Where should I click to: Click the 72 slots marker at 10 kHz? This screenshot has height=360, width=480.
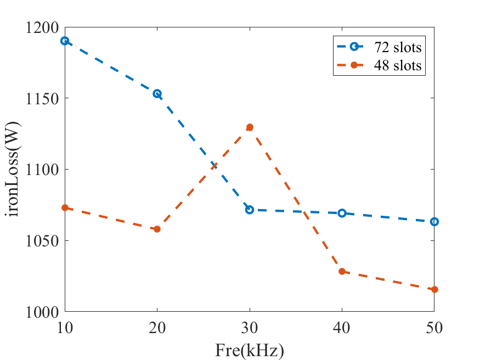point(65,41)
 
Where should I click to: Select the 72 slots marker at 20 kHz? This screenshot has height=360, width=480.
point(157,94)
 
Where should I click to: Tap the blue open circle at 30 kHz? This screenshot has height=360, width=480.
point(250,210)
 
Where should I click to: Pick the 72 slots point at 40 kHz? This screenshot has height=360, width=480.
point(342,213)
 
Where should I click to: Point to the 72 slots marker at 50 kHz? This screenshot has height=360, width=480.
point(434,222)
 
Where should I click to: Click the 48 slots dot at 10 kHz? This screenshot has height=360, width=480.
point(65,207)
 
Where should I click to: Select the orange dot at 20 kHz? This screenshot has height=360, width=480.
point(157,229)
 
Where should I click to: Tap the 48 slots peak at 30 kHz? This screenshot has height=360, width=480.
point(250,127)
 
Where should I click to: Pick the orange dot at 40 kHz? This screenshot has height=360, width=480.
point(342,271)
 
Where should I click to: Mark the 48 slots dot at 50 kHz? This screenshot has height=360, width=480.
point(434,289)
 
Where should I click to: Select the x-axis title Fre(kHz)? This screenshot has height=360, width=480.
point(250,350)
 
